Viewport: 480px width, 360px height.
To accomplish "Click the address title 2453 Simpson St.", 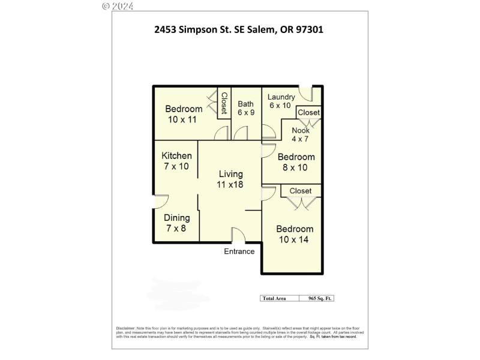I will tap(239, 29).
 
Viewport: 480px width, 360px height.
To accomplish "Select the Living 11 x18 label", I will tap(230, 179).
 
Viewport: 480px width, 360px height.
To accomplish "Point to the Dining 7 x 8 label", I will tap(177, 223).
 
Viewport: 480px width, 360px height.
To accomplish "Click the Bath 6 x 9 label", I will tap(245, 108).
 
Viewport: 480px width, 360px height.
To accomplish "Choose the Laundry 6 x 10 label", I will tap(281, 101).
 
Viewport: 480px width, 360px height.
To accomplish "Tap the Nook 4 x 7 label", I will tap(301, 134).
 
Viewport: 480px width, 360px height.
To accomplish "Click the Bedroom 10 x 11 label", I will tap(184, 114).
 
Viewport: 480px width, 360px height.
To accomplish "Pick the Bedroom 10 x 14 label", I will tap(295, 234).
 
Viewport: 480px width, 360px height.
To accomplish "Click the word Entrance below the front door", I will tap(239, 251).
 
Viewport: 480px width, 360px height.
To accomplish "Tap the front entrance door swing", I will tap(238, 235).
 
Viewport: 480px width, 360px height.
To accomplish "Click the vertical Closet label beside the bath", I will tap(224, 104).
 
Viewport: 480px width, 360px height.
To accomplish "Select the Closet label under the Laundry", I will tap(309, 112).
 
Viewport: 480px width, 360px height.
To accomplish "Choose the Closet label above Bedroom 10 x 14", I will tap(301, 191).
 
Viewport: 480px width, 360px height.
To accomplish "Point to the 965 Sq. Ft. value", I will tap(320, 298).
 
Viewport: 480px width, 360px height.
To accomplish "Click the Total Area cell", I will tap(274, 298).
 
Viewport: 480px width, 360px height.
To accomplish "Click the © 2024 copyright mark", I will tap(118, 6).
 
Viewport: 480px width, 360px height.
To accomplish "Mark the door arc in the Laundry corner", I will tap(306, 94).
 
